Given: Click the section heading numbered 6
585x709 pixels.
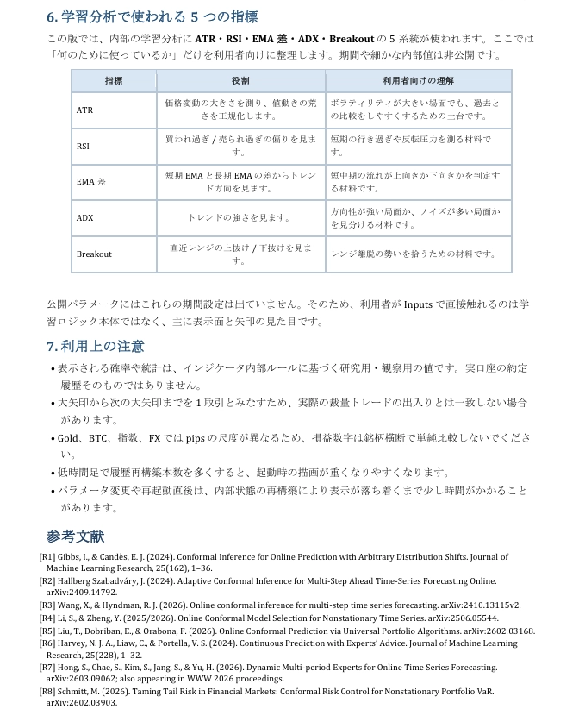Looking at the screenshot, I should pyautogui.click(x=152, y=16).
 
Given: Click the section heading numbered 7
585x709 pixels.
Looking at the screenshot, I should pyautogui.click(x=95, y=346).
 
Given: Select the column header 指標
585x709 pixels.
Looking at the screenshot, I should pyautogui.click(x=114, y=81).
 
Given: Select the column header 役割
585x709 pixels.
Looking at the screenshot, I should pyautogui.click(x=240, y=81).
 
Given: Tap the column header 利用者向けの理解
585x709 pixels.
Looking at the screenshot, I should pyautogui.click(x=418, y=81).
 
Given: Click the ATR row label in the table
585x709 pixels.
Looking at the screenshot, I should pyautogui.click(x=84, y=110).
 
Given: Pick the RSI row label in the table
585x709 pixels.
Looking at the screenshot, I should pyautogui.click(x=83, y=146).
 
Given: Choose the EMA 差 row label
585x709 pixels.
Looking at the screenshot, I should pyautogui.click(x=90, y=182).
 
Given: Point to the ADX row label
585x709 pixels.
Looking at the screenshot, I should pyautogui.click(x=84, y=218).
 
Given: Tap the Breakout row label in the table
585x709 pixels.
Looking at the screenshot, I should pyautogui.click(x=94, y=254).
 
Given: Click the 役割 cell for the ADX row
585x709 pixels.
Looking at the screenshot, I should pyautogui.click(x=240, y=218).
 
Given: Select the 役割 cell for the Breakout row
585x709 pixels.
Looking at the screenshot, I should pyautogui.click(x=240, y=254).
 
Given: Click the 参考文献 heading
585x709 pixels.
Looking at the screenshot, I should pyautogui.click(x=75, y=536).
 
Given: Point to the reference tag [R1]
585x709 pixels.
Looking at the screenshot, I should pyautogui.click(x=48, y=557).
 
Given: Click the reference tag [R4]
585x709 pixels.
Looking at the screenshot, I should pyautogui.click(x=48, y=618).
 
